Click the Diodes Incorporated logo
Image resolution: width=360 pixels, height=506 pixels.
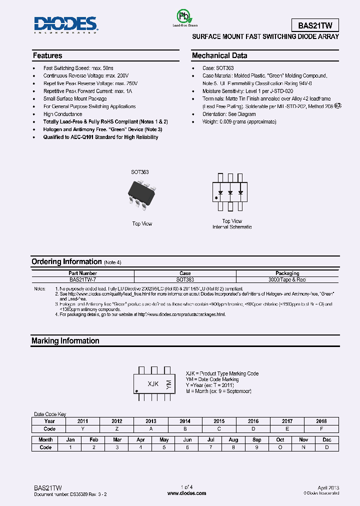pos(65,24)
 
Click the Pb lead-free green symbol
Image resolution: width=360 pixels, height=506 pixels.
pos(184,16)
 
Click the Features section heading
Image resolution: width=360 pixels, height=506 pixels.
pos(47,55)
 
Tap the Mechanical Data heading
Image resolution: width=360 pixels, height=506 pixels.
pos(219,55)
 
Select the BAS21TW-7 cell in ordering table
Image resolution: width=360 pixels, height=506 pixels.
pos(83,280)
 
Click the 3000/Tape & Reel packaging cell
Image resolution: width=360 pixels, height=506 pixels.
pos(287,280)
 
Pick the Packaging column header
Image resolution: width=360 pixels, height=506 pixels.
pos(287,273)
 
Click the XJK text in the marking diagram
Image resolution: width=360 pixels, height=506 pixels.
pos(153,384)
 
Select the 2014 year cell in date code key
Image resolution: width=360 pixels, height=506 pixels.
pos(184,421)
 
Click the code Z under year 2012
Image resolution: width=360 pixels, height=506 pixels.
pos(116,428)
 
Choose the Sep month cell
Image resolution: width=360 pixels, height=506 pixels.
pos(256,439)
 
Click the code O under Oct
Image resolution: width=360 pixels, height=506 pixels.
pos(280,447)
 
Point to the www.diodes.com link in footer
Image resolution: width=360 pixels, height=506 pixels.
pos(186,493)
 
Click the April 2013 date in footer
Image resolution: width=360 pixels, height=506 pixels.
pos(328,487)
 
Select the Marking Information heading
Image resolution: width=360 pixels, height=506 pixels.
pos(65,340)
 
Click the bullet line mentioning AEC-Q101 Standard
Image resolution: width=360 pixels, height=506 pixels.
pos(100,137)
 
